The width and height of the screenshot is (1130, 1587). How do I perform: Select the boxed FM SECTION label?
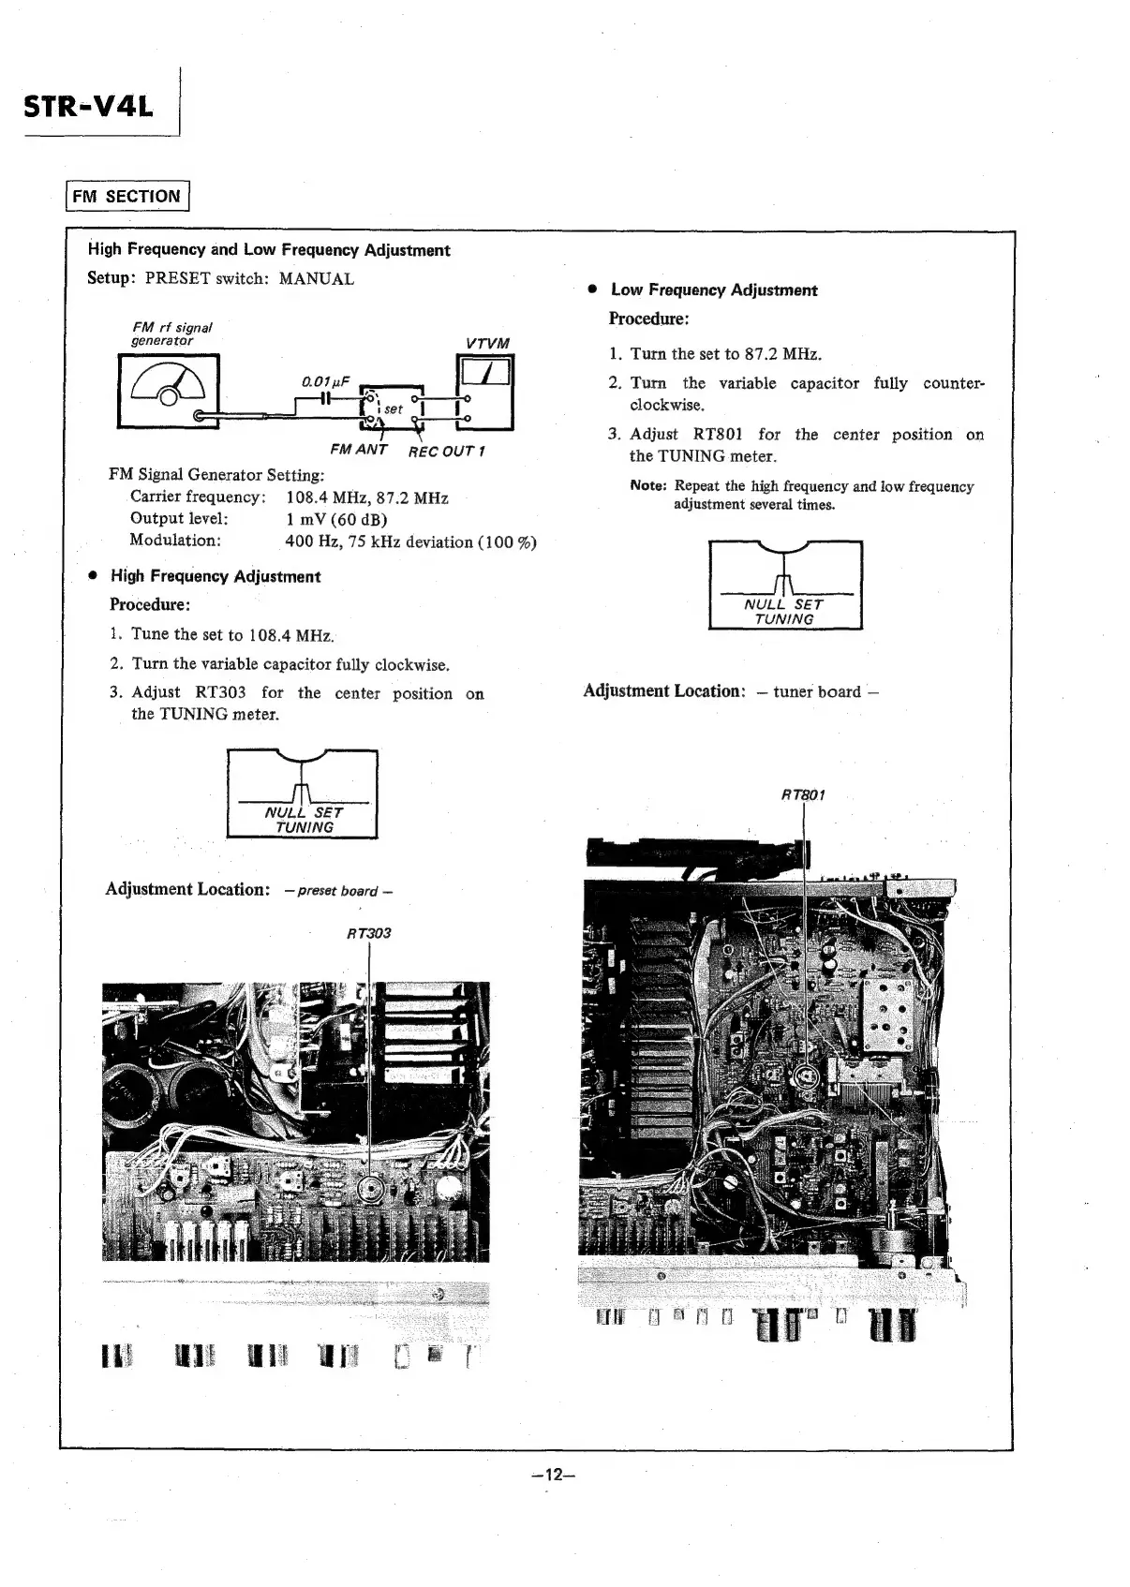[x=127, y=197]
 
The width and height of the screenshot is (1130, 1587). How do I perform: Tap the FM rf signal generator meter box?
[x=169, y=391]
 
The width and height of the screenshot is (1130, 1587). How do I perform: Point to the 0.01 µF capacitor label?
[x=325, y=381]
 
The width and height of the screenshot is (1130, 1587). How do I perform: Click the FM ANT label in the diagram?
[x=359, y=450]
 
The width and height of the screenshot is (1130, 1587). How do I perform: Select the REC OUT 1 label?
[x=446, y=452]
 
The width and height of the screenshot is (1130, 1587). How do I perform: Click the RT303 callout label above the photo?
[x=368, y=933]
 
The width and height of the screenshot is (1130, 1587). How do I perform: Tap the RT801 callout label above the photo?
[x=803, y=795]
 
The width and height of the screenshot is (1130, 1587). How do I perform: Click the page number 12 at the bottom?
[x=552, y=1475]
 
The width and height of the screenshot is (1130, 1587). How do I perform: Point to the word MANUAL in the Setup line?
[x=317, y=279]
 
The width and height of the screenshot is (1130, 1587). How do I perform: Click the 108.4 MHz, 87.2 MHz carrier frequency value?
[x=367, y=497]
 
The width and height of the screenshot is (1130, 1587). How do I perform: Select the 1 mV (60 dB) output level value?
[x=336, y=519]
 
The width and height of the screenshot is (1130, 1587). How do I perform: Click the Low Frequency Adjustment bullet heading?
[x=714, y=290]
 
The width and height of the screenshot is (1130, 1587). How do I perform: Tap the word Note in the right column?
[x=647, y=485]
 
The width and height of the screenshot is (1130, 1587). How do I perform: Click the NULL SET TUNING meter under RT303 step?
[x=303, y=794]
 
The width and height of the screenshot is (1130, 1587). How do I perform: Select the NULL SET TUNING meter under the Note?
[x=785, y=586]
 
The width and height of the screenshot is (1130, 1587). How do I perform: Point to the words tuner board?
[x=816, y=692]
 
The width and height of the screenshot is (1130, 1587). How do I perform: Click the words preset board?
[x=338, y=891]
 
